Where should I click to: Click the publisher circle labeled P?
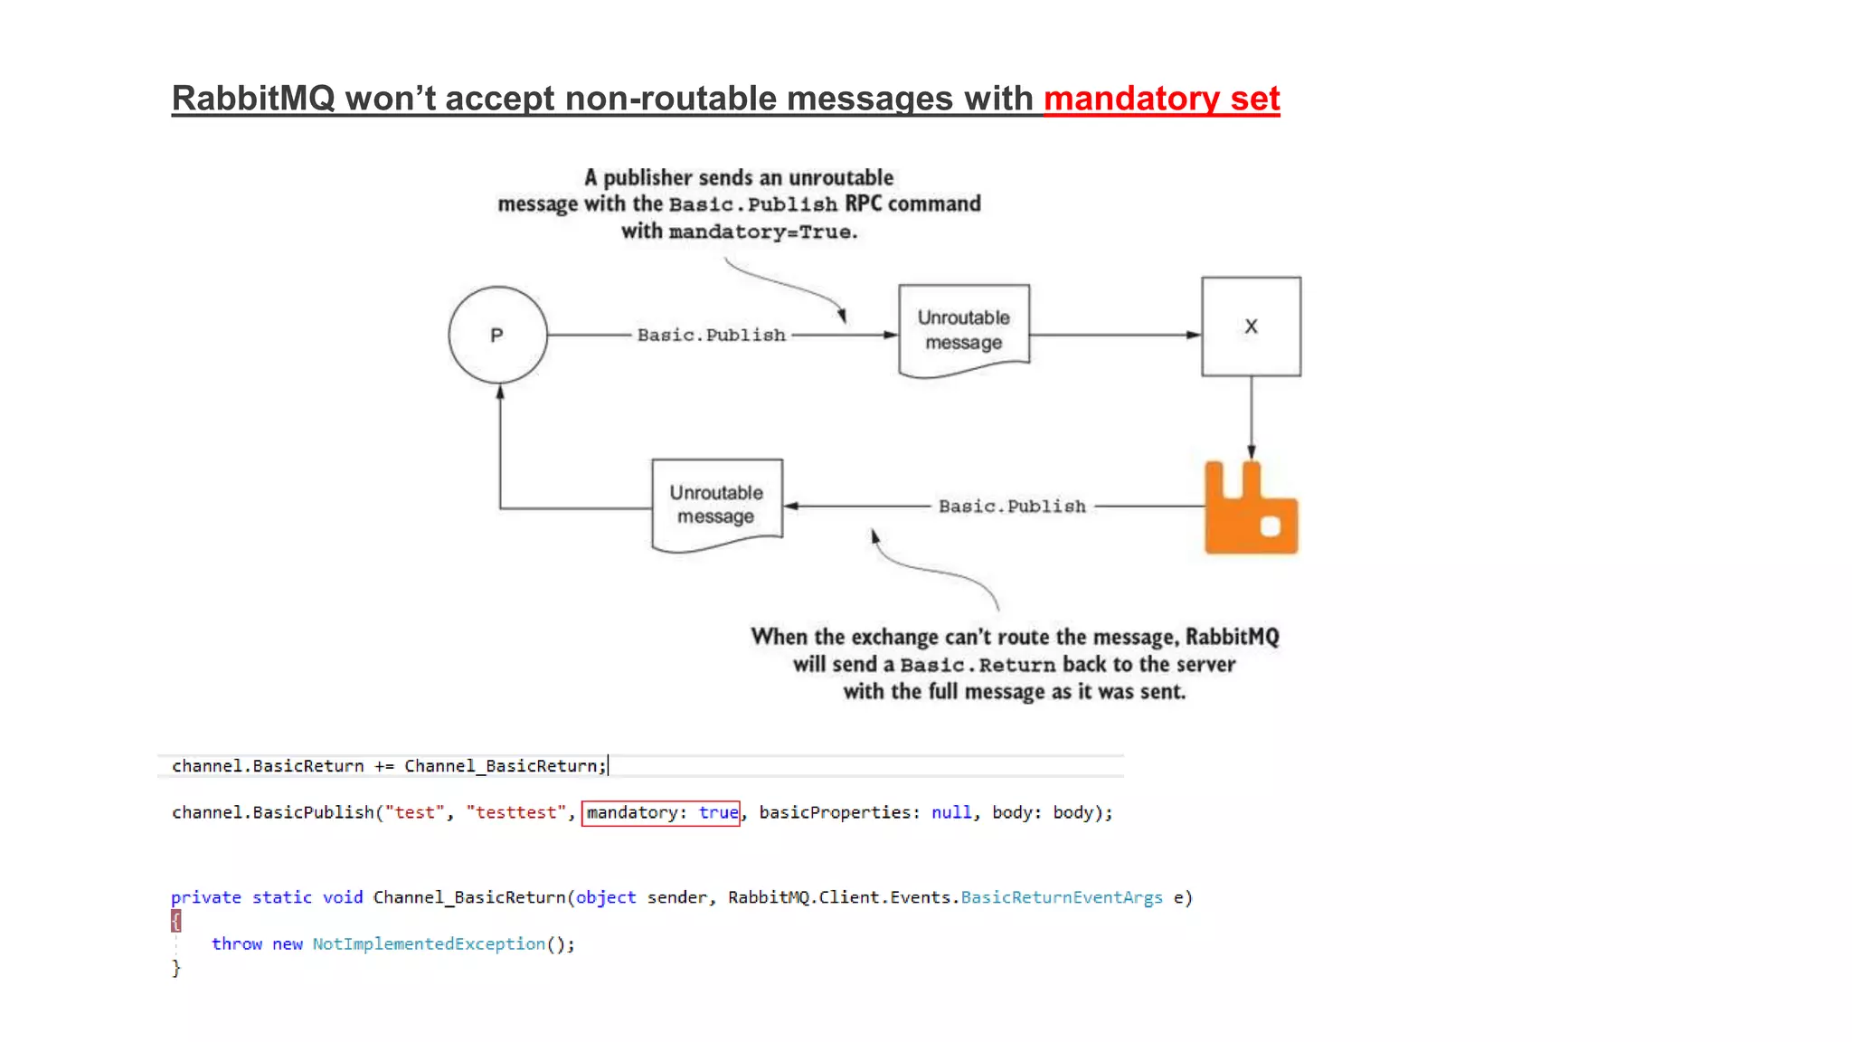pos(497,335)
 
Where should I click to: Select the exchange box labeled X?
pos(1251,327)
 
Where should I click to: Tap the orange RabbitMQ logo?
pos(1251,511)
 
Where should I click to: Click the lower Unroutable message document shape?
pos(716,505)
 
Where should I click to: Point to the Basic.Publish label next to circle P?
pos(711,335)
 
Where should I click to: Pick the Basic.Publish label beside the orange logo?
pos(1012,507)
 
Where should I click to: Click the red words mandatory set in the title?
pos(1161,99)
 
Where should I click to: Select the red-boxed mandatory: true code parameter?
pos(661,812)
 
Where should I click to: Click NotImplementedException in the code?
pos(429,944)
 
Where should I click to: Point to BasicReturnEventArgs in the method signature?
pos(1061,897)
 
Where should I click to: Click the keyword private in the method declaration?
pos(206,897)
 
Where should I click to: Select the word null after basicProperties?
pos(951,812)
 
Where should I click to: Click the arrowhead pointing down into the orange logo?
pos(1252,452)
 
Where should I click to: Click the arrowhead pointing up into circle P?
pos(500,393)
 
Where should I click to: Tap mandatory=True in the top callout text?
pos(761,232)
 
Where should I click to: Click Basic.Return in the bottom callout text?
pos(978,665)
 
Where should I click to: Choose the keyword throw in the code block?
pos(236,944)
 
